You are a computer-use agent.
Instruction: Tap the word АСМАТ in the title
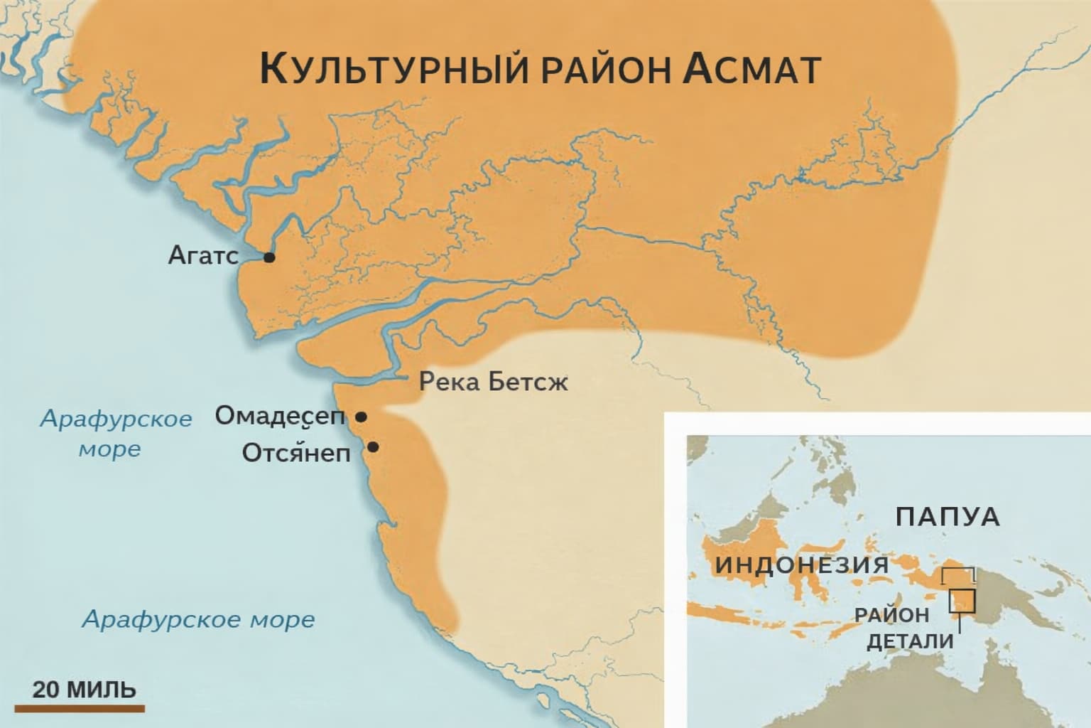[x=754, y=69]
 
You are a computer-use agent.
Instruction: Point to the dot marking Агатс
[x=269, y=257]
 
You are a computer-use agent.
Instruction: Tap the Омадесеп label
[x=279, y=417]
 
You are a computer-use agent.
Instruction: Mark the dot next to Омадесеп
[x=361, y=417]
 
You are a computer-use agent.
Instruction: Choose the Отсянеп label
[x=296, y=452]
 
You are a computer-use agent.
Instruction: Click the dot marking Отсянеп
[x=372, y=447]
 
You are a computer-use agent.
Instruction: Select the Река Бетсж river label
[x=494, y=382]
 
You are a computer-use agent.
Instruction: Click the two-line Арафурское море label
[x=115, y=433]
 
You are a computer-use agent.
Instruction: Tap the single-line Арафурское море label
[x=198, y=619]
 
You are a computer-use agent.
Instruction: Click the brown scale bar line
[x=80, y=708]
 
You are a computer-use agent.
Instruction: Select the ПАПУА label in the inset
[x=948, y=517]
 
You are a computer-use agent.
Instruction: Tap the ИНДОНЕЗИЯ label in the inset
[x=802, y=565]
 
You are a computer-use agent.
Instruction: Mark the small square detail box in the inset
[x=964, y=601]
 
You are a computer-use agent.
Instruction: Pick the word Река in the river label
[x=448, y=382]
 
